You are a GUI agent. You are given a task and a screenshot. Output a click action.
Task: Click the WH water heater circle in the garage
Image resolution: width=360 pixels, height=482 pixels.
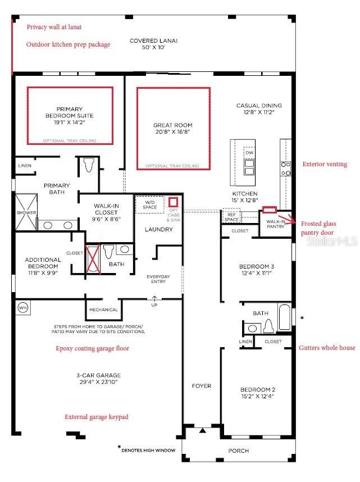[x=23, y=307]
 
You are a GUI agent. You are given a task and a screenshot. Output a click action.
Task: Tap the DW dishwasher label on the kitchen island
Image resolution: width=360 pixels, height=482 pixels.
[x=249, y=153]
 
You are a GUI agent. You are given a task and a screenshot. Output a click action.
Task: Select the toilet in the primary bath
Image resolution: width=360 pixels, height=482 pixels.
[x=88, y=165]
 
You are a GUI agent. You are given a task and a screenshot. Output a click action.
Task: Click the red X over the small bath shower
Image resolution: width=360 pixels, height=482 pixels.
[x=93, y=258]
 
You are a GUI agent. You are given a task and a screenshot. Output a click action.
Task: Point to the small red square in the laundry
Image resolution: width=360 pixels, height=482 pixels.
[x=173, y=202]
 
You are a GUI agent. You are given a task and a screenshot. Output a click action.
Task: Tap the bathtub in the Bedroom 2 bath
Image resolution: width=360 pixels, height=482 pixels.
[x=284, y=317]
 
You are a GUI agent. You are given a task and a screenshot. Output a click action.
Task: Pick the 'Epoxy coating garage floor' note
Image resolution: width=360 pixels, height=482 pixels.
[x=93, y=348]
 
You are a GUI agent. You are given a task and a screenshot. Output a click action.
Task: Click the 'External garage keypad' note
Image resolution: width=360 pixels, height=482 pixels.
[x=97, y=417]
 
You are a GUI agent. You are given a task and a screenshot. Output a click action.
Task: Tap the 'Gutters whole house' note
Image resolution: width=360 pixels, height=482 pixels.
[x=327, y=348]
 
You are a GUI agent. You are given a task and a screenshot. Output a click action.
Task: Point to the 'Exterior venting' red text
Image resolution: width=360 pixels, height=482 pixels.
[x=325, y=164]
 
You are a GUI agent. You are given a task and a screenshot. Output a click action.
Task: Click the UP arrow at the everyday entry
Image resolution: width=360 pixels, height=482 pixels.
[x=154, y=298]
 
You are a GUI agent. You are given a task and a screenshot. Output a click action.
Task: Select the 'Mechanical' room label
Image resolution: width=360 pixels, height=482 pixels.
[x=103, y=310]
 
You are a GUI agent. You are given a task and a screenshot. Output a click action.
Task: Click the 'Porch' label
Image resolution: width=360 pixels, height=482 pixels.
[x=239, y=451]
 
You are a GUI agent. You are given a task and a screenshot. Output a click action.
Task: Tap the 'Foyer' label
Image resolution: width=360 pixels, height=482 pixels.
[x=202, y=386]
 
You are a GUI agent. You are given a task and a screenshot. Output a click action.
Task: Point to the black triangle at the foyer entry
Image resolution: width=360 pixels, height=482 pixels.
[x=202, y=431]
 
